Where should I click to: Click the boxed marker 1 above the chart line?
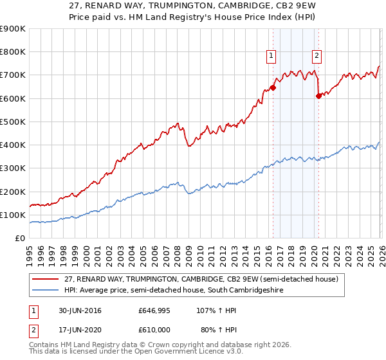coord(271,56)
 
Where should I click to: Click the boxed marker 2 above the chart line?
coord(317,56)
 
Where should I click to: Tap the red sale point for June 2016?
coord(273,87)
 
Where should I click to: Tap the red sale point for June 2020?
coord(318,96)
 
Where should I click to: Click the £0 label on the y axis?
coord(21,239)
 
